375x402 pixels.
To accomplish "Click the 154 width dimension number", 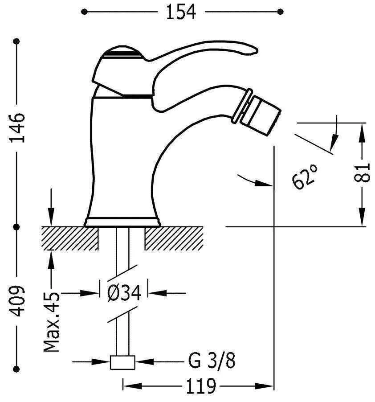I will point(181,12).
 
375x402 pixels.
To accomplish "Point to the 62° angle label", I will point(306,176).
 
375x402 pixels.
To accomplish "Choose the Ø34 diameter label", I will point(124,293).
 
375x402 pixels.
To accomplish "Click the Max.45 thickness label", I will point(53,322).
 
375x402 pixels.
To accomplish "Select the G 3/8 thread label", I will point(211,361).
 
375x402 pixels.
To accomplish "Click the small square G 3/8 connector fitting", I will point(122,362).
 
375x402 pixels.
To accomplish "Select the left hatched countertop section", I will point(70,238).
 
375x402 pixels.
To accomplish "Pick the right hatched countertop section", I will point(173,238).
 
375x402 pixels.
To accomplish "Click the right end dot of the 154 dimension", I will point(280,11).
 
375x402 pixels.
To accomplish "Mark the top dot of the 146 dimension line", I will point(17,42).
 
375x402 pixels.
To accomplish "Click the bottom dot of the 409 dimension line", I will point(17,368).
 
